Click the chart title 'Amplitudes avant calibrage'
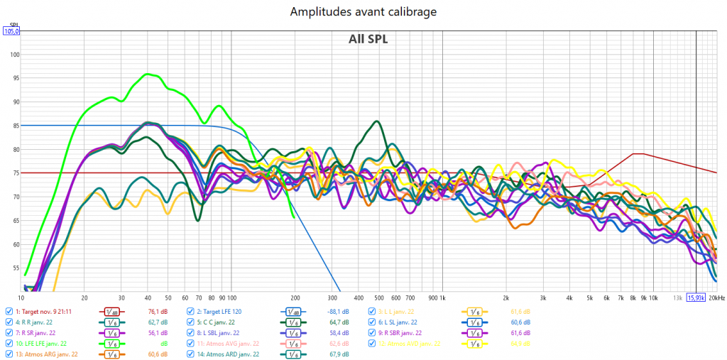pyautogui.click(x=363, y=12)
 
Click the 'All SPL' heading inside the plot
pyautogui.click(x=368, y=39)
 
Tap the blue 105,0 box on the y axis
pyautogui.click(x=11, y=31)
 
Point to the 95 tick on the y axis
pyautogui.click(x=14, y=78)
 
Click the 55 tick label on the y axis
pyautogui.click(x=14, y=268)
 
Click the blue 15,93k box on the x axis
pyautogui.click(x=696, y=298)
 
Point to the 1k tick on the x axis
pyautogui.click(x=442, y=298)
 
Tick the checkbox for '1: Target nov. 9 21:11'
pyautogui.click(x=9, y=311)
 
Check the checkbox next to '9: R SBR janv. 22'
pyautogui.click(x=372, y=332)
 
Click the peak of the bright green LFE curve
pyautogui.click(x=148, y=74)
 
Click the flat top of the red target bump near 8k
pyautogui.click(x=638, y=153)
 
